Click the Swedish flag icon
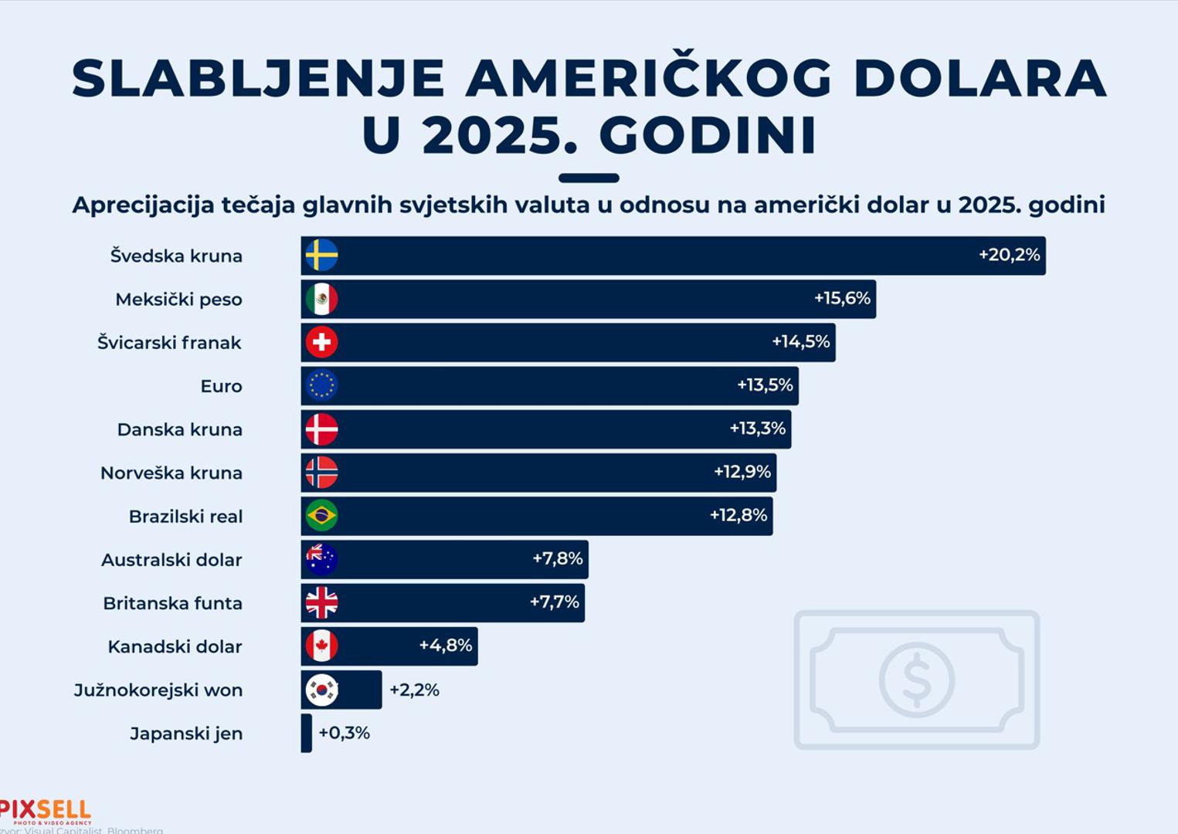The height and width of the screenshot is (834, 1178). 321,256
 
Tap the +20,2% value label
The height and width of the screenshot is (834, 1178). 1009,255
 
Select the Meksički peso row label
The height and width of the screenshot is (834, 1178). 178,300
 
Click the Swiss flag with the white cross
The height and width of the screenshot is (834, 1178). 321,342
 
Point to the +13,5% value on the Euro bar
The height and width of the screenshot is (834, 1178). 765,385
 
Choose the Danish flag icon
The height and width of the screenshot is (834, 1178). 321,429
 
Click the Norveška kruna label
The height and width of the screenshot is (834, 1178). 171,473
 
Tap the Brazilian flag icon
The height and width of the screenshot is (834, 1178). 321,516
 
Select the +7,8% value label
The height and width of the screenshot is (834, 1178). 557,558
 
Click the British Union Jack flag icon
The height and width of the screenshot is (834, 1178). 321,603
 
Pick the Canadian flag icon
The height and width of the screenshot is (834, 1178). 321,646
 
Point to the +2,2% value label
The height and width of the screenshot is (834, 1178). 414,690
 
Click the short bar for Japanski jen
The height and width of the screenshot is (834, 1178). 307,733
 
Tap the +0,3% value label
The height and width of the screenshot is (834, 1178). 344,733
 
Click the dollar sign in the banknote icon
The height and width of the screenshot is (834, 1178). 917,680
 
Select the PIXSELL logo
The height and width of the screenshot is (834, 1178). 45,811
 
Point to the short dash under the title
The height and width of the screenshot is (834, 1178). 589,178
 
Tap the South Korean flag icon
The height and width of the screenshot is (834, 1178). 321,690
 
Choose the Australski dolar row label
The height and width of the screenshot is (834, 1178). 171,560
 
